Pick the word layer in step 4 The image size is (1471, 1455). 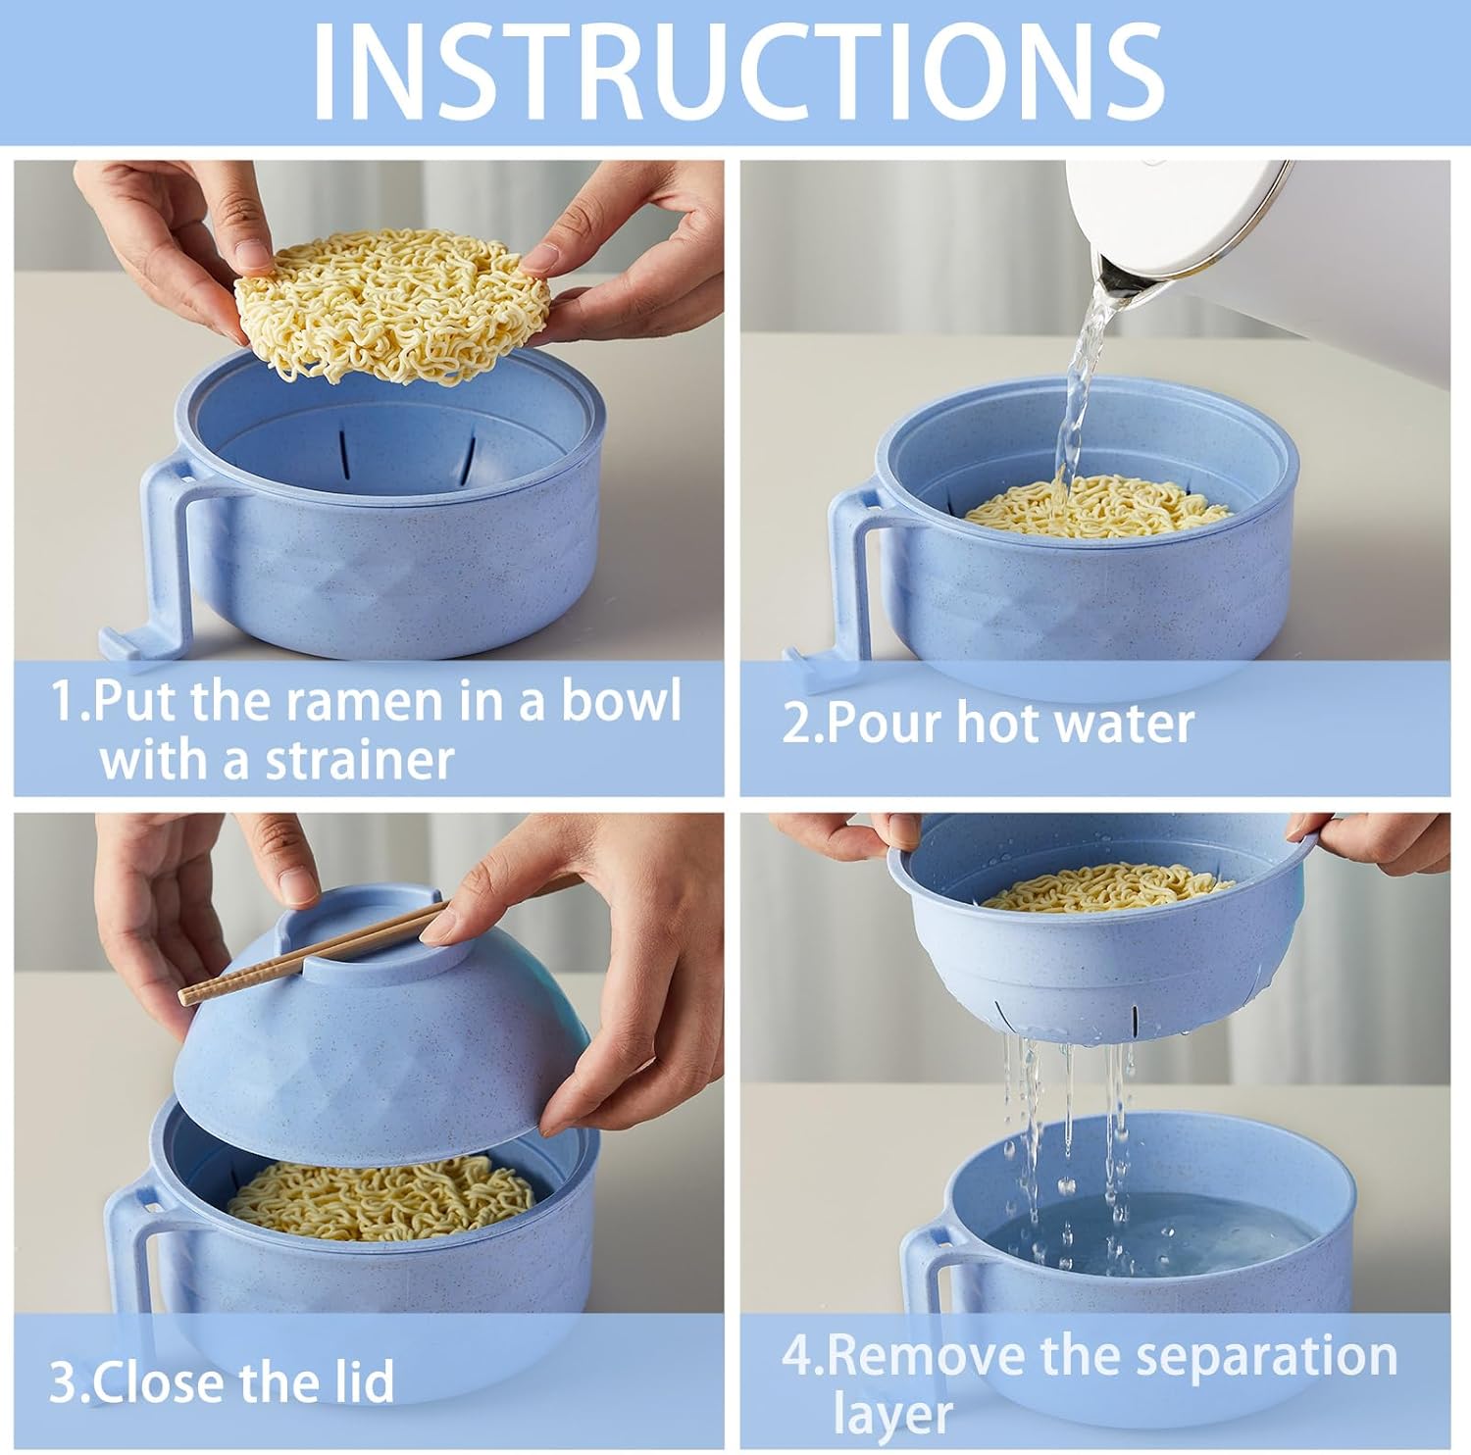coord(892,1416)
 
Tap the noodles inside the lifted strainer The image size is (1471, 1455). coord(1106,886)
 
